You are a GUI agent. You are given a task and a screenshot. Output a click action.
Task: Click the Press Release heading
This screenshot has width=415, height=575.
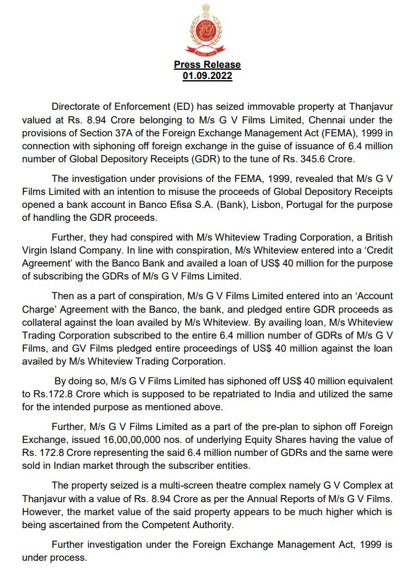click(x=207, y=64)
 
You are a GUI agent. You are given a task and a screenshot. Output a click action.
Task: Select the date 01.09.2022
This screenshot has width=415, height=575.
click(x=207, y=75)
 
